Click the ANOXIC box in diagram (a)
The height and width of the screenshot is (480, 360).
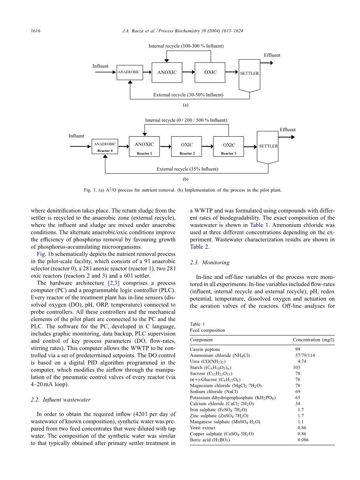point(167,72)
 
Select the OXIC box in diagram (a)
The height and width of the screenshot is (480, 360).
point(210,72)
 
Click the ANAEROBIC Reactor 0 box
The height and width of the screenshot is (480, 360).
point(105,147)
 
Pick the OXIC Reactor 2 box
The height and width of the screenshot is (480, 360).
point(187,147)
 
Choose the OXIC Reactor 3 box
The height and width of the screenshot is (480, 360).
point(228,147)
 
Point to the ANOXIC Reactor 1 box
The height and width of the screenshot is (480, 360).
point(144,147)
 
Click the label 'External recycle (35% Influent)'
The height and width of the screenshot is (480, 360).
point(187,169)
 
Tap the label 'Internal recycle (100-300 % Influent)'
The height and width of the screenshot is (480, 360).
point(186,46)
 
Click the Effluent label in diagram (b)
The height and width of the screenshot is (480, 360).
point(288,130)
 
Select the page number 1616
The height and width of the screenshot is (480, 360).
point(36,31)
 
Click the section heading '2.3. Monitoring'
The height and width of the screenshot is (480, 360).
point(210,263)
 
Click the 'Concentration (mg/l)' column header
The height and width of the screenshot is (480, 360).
point(313,340)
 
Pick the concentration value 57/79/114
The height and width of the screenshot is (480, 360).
point(305,355)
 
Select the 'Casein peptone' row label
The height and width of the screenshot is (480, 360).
point(205,350)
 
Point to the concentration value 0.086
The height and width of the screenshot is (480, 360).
point(303,440)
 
